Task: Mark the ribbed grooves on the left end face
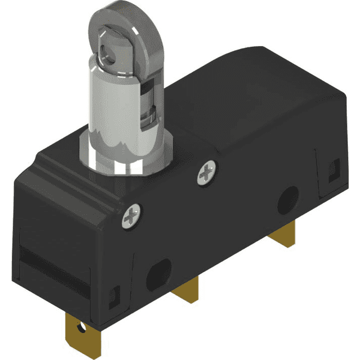point(45,264)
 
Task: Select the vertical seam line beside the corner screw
point(135,252)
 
